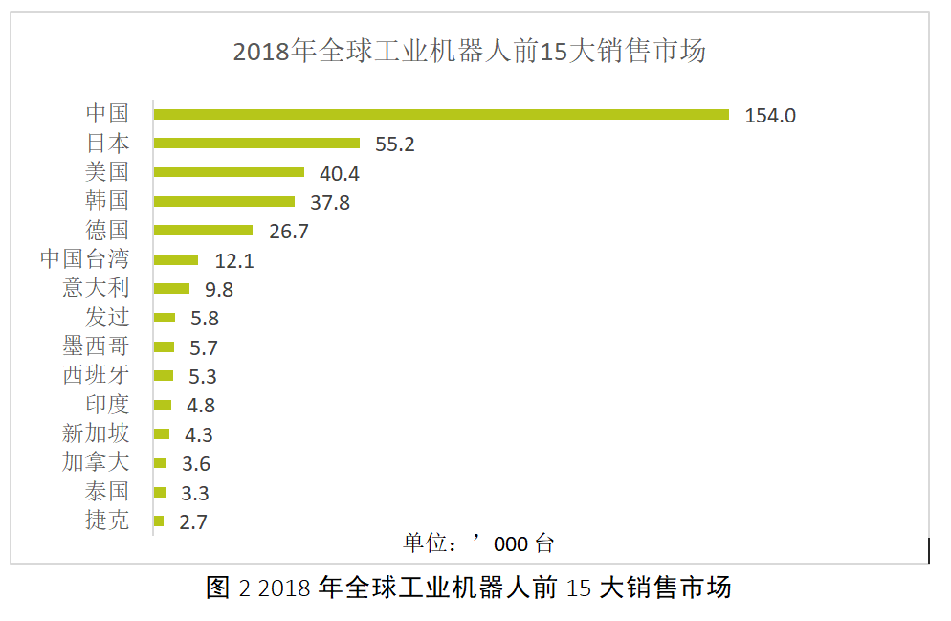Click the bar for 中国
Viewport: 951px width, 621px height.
pos(441,115)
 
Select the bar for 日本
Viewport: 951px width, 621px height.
pos(256,144)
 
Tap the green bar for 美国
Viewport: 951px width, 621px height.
pos(229,172)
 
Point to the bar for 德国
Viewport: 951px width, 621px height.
pos(203,230)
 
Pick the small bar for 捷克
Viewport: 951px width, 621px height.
pos(159,521)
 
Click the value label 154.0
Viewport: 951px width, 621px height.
pos(769,115)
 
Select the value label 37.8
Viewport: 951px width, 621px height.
pos(330,202)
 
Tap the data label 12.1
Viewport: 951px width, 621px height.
pos(234,261)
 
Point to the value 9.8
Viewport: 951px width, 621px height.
pos(219,289)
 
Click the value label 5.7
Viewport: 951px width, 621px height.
pos(204,347)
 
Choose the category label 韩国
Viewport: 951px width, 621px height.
pos(107,200)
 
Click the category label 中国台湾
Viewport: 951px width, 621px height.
pos(84,258)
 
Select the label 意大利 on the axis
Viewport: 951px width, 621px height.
pos(96,287)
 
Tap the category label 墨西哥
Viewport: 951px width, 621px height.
pos(96,345)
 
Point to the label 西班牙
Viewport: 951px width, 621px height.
pos(96,374)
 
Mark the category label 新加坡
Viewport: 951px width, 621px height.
pos(96,433)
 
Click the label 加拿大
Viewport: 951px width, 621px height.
pos(96,461)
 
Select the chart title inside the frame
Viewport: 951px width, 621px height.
pos(470,51)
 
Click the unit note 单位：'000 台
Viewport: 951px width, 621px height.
pos(478,543)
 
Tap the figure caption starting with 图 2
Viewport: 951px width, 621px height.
pos(468,588)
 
